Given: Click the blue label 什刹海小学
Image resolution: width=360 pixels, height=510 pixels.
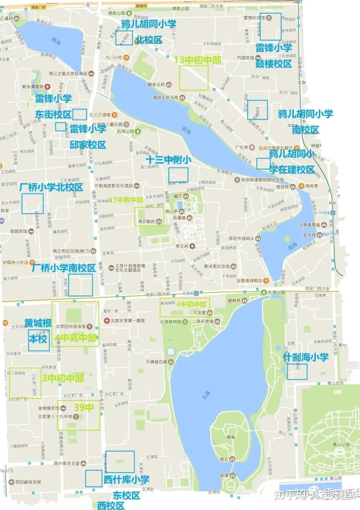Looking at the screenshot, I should tap(306, 357).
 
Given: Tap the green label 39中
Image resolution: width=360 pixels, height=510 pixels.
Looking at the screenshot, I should tap(84, 407).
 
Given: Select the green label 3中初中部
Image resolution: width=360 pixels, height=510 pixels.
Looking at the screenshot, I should tap(63, 378).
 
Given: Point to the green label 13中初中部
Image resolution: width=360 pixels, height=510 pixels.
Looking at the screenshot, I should tap(197, 60).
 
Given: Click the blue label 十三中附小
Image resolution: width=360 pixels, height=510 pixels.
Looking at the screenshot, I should tap(168, 160).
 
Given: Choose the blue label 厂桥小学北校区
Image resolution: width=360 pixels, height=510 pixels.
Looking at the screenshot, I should tap(51, 187).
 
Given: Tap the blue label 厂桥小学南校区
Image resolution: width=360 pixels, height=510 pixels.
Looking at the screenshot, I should tap(63, 268).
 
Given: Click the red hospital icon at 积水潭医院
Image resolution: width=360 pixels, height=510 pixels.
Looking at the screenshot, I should tap(48, 87).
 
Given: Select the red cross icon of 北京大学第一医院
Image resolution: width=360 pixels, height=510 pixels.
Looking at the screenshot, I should tap(107, 321).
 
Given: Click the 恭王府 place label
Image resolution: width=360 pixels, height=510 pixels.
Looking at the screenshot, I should tap(182, 246).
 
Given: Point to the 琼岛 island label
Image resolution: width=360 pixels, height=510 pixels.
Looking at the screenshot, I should tap(231, 437).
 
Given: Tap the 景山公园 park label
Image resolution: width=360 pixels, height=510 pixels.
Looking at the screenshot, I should tap(341, 444).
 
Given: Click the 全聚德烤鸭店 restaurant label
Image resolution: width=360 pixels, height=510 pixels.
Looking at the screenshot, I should tap(249, 280).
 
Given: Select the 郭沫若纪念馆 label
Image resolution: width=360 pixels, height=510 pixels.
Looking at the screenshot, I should tap(217, 266).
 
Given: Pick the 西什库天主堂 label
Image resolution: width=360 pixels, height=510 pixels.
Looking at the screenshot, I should tap(67, 463).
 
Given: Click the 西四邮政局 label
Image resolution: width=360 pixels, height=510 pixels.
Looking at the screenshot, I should tap(28, 482).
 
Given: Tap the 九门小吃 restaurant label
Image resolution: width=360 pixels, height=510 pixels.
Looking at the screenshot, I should tap(114, 58).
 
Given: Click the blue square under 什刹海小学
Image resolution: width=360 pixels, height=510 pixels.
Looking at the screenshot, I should tap(297, 371).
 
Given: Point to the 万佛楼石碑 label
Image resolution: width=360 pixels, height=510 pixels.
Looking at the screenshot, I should tap(156, 362).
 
